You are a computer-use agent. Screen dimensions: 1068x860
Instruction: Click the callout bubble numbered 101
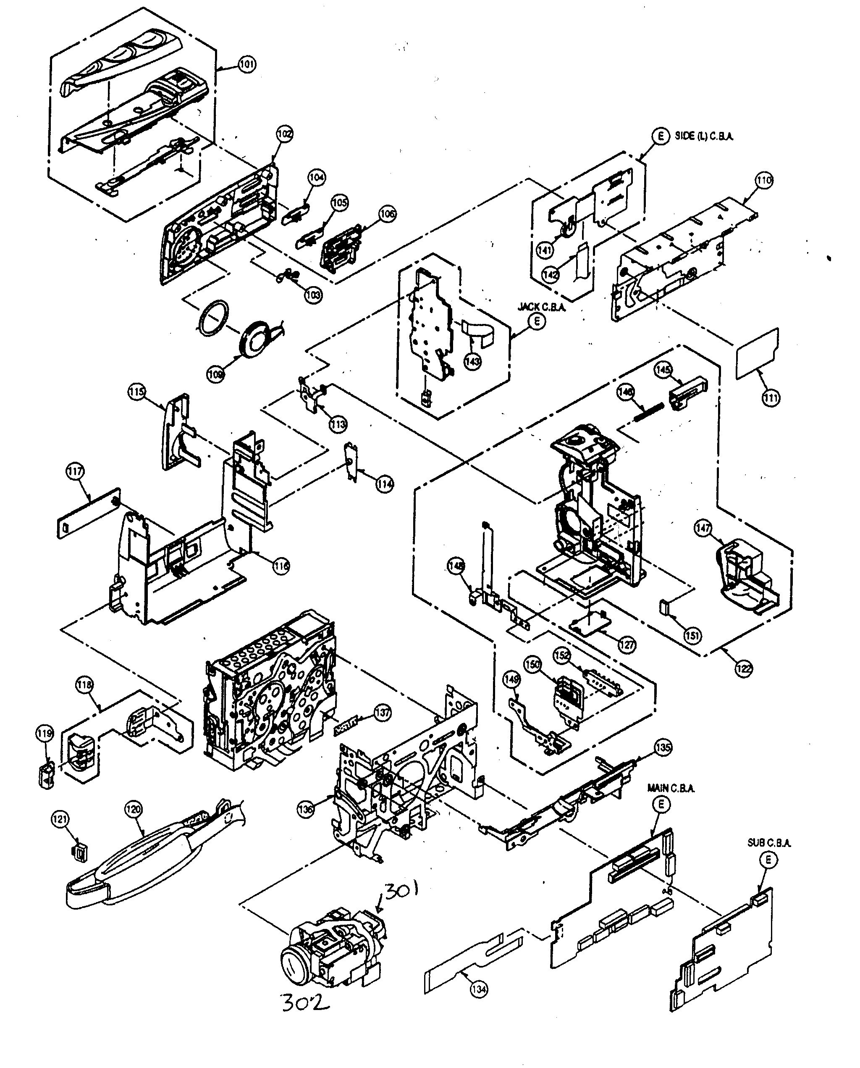247,64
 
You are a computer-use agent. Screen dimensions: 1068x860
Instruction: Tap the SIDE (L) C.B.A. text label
703,136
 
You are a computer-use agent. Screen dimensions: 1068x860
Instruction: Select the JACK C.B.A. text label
541,307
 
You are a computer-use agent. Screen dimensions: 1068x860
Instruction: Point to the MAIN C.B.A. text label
671,788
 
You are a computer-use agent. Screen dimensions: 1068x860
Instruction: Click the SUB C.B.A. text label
769,843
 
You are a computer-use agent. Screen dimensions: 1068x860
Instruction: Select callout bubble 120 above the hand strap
133,809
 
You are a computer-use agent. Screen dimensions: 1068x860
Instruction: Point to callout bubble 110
763,180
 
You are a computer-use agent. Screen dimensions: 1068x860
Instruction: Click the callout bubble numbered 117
75,471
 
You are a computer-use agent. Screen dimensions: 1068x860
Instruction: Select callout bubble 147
703,528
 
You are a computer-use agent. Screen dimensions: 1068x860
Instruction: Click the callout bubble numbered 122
744,668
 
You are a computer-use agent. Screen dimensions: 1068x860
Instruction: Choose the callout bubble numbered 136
305,809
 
